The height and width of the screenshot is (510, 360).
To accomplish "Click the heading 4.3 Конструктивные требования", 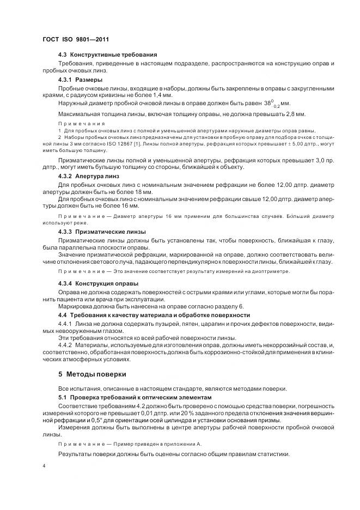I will pyautogui.click(x=107, y=55).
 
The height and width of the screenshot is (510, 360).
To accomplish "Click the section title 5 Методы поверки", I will pyautogui.click(x=92, y=374).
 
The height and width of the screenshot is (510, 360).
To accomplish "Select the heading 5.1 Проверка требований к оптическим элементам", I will pyautogui.click(x=129, y=398).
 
